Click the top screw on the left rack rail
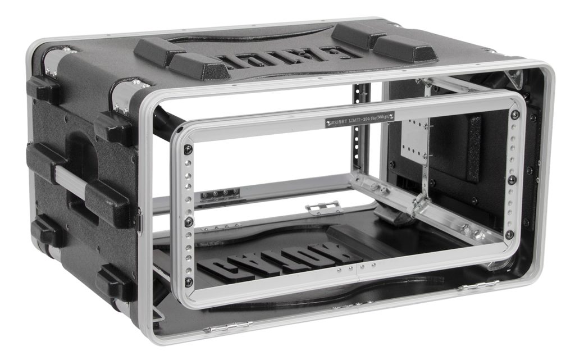click(x=188, y=149)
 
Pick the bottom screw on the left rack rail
click(x=188, y=280)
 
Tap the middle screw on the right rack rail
click(x=512, y=180)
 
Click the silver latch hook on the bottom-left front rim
click(x=225, y=326)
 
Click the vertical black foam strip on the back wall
click(x=474, y=148)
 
